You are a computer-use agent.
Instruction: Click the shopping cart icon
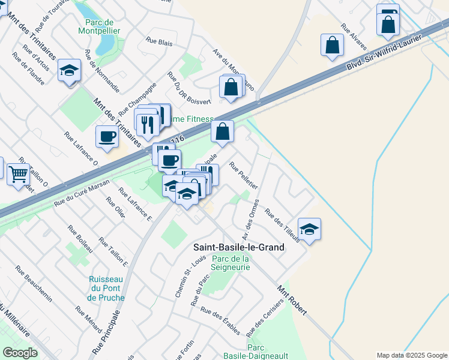point(19,174)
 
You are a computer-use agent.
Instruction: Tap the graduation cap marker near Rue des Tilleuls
point(310,229)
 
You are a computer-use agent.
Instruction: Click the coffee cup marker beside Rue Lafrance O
point(107,137)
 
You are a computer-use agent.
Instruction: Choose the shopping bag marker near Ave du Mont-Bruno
point(231,88)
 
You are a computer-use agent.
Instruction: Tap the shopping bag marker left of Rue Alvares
point(332,45)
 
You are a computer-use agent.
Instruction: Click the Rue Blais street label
point(159,43)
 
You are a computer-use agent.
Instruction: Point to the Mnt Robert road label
point(292,300)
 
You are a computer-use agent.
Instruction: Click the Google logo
point(20,353)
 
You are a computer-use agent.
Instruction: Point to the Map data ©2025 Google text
point(412,355)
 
